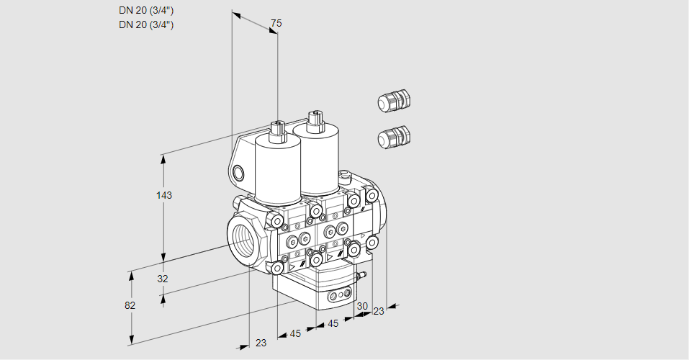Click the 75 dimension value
tap(275, 24)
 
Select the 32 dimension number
tap(163, 279)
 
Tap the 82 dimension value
tap(130, 305)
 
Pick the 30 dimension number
tap(362, 306)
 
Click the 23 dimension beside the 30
tap(379, 311)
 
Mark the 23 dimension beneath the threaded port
tap(261, 343)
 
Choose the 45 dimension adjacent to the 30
tap(333, 323)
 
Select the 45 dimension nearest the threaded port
tap(295, 333)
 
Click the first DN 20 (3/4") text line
tap(146, 11)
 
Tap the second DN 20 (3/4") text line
tap(146, 24)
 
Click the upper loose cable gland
tap(393, 102)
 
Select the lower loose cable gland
tap(393, 137)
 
